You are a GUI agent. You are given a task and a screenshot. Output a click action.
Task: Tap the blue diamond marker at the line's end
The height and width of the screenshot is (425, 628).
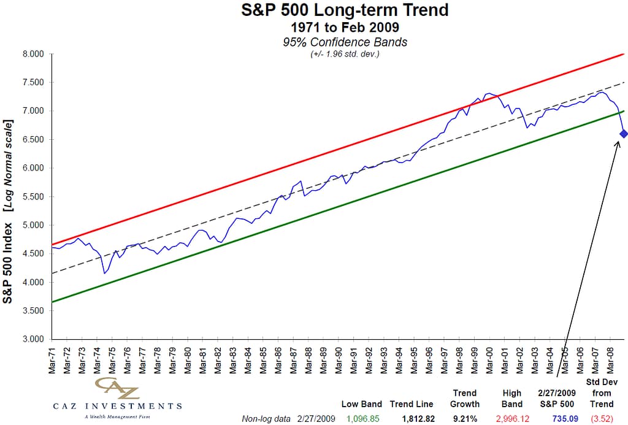click(624, 134)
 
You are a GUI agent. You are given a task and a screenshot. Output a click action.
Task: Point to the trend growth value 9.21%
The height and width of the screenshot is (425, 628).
click(464, 419)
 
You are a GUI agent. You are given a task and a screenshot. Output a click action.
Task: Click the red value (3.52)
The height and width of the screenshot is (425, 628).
click(602, 419)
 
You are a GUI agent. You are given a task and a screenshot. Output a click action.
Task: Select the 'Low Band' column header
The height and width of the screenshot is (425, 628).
click(362, 404)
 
